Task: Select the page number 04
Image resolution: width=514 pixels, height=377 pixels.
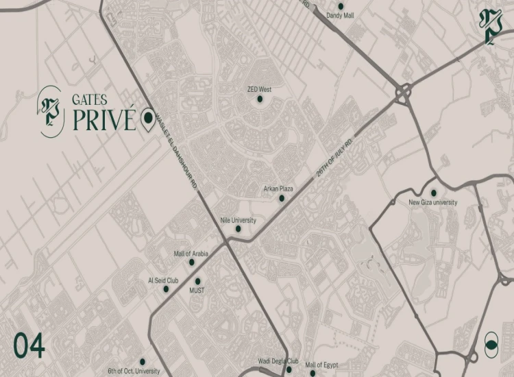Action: [29, 346]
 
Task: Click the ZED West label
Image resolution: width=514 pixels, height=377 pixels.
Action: [260, 89]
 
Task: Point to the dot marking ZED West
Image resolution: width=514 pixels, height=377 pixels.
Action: [260, 99]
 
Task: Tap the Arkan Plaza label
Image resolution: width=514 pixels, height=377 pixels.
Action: [278, 188]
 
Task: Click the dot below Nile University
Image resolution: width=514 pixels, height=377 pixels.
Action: [238, 229]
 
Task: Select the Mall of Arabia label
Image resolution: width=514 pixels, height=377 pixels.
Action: [190, 253]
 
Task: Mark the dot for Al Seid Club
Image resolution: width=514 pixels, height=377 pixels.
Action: [166, 289]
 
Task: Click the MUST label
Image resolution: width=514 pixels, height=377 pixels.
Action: [198, 290]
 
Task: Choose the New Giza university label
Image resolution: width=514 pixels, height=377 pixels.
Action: [433, 202]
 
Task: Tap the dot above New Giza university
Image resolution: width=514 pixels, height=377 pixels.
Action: [433, 193]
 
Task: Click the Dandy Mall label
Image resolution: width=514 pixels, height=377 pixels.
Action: [341, 15]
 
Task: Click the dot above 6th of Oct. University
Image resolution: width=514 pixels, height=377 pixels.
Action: [143, 361]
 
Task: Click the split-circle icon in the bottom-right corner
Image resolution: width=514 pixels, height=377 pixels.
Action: [491, 343]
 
